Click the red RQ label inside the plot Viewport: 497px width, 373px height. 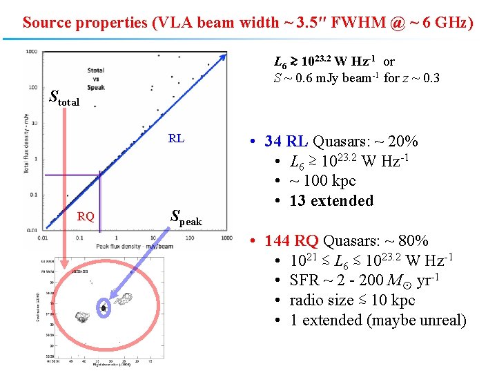pyautogui.click(x=86, y=216)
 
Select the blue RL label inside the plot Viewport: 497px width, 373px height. pyautogui.click(x=176, y=138)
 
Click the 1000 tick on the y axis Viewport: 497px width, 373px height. pyautogui.click(x=31, y=52)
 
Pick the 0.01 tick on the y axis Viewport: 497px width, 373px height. pyautogui.click(x=30, y=230)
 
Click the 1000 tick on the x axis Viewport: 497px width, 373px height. pyautogui.click(x=227, y=238)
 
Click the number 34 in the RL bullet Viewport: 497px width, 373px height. pyautogui.click(x=272, y=142)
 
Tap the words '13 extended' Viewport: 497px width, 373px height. pyautogui.click(x=331, y=201)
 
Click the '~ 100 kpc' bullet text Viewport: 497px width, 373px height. pyautogui.click(x=322, y=181)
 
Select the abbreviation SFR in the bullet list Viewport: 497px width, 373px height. pyautogui.click(x=304, y=280)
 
